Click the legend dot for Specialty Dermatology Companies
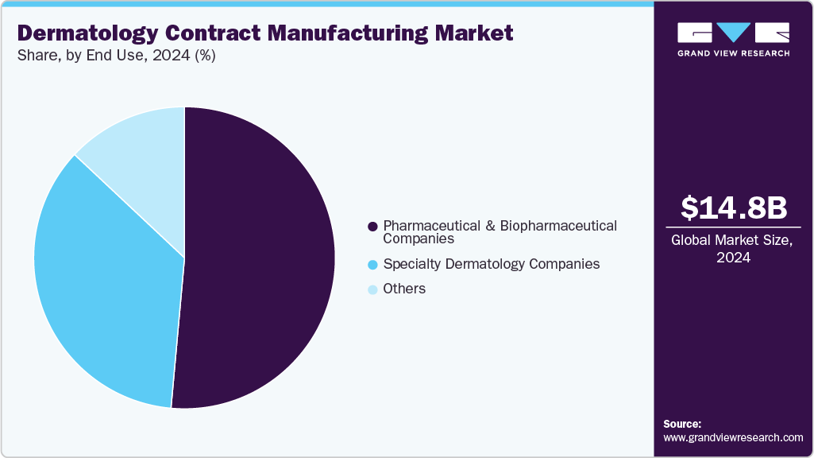click(x=372, y=264)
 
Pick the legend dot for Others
click(x=372, y=289)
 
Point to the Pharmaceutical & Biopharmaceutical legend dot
click(x=372, y=227)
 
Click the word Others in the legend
click(x=404, y=289)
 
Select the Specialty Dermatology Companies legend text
click(x=491, y=264)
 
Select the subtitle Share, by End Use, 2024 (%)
click(x=117, y=56)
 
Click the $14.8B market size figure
click(x=734, y=208)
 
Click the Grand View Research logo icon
click(x=733, y=33)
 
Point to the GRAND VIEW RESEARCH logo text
click(x=733, y=53)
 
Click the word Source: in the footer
click(x=682, y=424)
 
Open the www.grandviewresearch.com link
click(x=733, y=437)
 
